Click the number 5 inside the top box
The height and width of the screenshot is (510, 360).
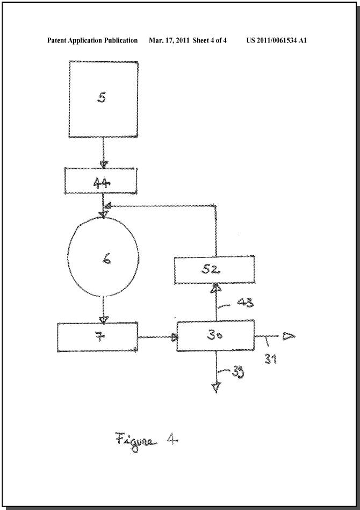coord(102,98)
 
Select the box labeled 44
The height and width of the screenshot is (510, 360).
coord(101,181)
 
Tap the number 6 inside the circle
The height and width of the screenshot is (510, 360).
coord(106,259)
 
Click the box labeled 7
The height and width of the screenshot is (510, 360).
coord(97,337)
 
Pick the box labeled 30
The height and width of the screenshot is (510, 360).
coord(215,336)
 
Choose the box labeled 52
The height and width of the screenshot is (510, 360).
coord(214,270)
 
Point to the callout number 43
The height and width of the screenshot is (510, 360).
coord(245,303)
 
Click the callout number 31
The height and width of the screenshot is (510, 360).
coord(270,359)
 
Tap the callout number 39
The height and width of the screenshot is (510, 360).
coord(237,372)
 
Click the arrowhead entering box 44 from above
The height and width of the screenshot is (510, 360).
coord(104,164)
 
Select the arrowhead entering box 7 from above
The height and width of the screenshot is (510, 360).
coord(103,320)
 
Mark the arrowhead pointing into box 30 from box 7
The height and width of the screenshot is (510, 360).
coord(175,337)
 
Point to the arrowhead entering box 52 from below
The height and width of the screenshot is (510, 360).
coord(217,288)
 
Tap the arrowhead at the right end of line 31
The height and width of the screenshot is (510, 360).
coord(289,336)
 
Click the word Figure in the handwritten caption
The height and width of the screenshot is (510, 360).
coord(133,441)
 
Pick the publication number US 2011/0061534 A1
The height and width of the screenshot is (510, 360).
coord(276,40)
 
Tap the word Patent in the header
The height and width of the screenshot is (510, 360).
coord(56,40)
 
